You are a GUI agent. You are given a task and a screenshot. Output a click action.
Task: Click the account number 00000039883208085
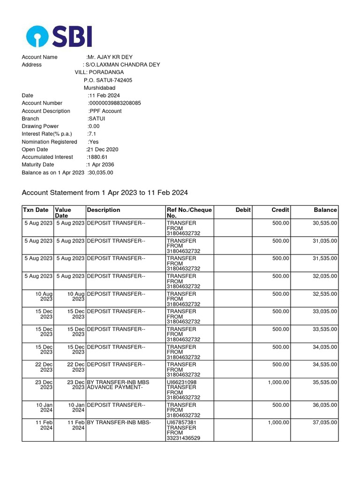[115, 103]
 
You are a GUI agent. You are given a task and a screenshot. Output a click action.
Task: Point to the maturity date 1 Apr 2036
[100, 165]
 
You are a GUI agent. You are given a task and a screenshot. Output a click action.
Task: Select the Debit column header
[243, 210]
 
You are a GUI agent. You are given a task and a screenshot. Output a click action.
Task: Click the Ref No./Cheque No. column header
[189, 213]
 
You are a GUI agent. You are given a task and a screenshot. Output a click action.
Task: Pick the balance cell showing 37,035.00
[325, 423]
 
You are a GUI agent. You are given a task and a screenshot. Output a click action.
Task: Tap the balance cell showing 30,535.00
[325, 223]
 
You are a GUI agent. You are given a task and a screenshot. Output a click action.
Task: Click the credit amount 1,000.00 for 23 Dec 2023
[278, 382]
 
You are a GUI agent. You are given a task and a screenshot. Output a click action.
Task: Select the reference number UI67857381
[182, 423]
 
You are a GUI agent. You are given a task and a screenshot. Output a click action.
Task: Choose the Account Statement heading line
[105, 193]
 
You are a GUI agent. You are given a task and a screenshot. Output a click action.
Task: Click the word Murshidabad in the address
[99, 88]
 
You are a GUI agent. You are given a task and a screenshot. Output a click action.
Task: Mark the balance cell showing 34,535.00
[325, 365]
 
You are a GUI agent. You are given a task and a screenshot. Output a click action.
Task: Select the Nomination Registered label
[49, 142]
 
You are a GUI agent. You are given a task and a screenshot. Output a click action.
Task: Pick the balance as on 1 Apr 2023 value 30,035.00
[101, 172]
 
